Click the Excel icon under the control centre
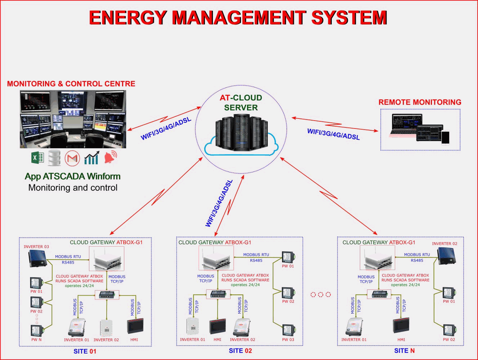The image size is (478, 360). (x=37, y=158)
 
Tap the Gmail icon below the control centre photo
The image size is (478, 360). (x=72, y=158)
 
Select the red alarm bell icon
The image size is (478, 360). (x=110, y=157)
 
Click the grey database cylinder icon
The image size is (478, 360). (x=55, y=158)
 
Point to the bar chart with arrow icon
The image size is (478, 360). (x=91, y=158)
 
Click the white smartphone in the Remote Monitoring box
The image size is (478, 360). (x=446, y=137)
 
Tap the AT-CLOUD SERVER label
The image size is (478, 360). (x=241, y=103)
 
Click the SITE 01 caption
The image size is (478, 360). (x=85, y=351)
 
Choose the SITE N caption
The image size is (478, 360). (x=404, y=351)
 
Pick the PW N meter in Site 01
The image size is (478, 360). (x=37, y=330)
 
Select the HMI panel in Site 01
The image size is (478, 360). (x=135, y=326)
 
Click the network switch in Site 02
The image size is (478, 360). (x=218, y=294)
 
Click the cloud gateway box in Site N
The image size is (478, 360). (x=378, y=258)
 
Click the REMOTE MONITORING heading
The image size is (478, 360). (x=420, y=102)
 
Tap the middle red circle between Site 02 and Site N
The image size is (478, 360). (x=321, y=294)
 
